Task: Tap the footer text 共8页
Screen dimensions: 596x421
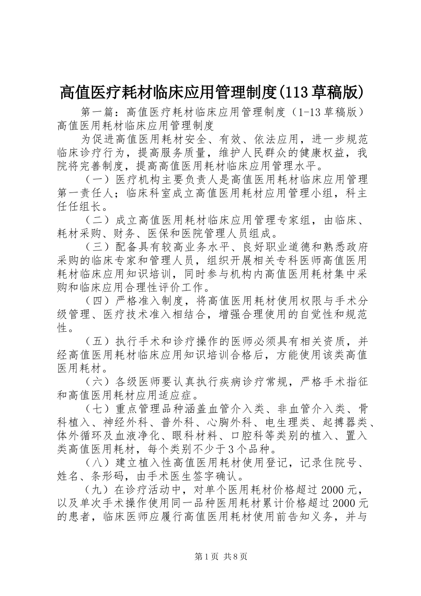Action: pos(236,557)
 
